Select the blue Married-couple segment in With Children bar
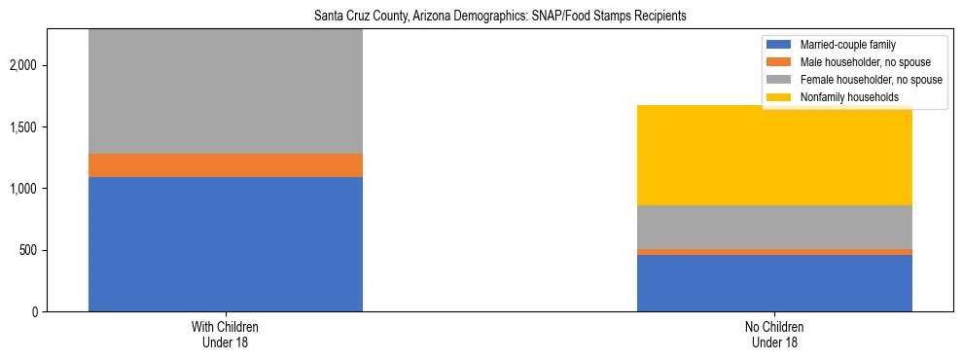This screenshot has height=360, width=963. click(226, 244)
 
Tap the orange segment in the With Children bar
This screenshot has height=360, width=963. click(226, 165)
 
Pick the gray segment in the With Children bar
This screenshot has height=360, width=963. click(226, 91)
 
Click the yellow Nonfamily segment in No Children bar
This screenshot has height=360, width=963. click(774, 155)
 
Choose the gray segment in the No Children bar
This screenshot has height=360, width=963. click(774, 227)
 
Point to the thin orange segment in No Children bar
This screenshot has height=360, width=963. click(774, 252)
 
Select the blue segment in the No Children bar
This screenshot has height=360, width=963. click(774, 283)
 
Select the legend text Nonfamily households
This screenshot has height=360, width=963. click(843, 97)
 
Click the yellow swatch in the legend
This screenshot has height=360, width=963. click(780, 97)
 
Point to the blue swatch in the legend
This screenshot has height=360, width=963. click(780, 45)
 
